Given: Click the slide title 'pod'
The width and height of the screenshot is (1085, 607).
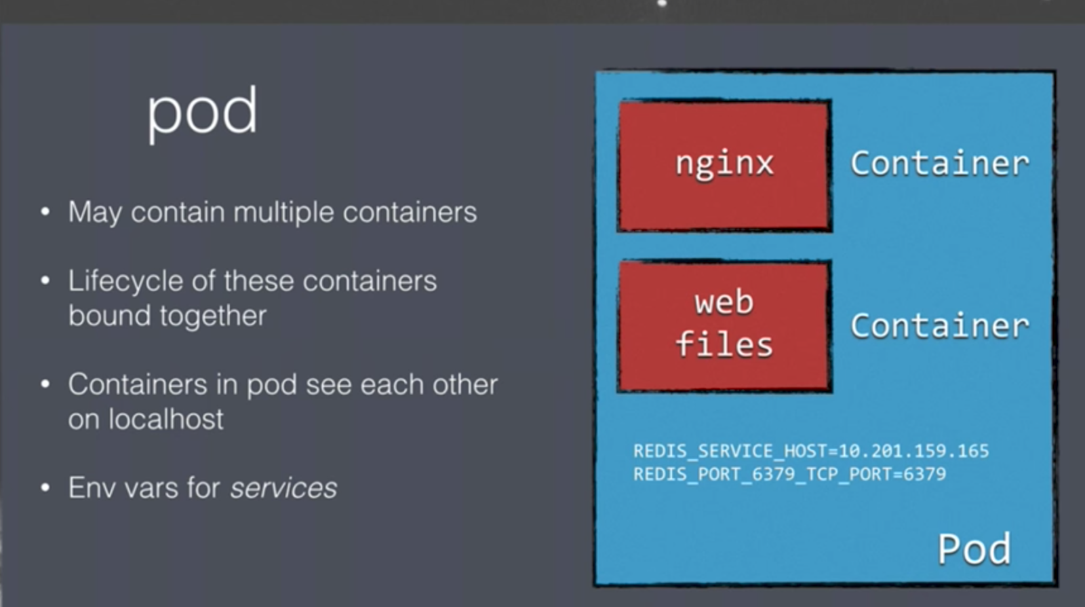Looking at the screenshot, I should coord(202,111).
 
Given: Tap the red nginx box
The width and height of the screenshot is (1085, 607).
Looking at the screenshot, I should coord(724,165).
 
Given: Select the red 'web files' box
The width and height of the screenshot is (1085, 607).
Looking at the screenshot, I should coord(724,325).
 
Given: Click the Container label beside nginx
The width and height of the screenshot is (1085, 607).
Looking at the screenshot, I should coord(940,164).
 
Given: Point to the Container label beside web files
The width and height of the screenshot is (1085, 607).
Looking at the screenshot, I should coord(940,326).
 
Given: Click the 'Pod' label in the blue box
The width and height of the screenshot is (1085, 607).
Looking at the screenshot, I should coord(974,549).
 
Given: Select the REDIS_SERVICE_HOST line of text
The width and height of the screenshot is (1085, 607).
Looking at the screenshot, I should coord(810,451).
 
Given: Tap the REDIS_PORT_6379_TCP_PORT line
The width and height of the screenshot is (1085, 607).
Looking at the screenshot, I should coord(789,474).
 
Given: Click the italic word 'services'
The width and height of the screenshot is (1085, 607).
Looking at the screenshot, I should coord(283,488).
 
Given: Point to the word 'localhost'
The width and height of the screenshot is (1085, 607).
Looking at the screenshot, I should coord(165,420).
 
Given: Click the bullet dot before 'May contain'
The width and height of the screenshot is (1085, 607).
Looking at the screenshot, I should coord(45,213).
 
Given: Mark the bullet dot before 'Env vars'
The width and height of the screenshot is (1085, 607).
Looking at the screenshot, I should coord(45,488).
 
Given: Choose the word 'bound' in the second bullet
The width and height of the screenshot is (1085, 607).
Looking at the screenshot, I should coord(109,316).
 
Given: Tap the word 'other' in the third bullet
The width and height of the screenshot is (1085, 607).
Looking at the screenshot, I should coord(465,385).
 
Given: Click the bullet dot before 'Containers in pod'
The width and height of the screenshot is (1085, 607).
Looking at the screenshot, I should coord(45,385).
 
